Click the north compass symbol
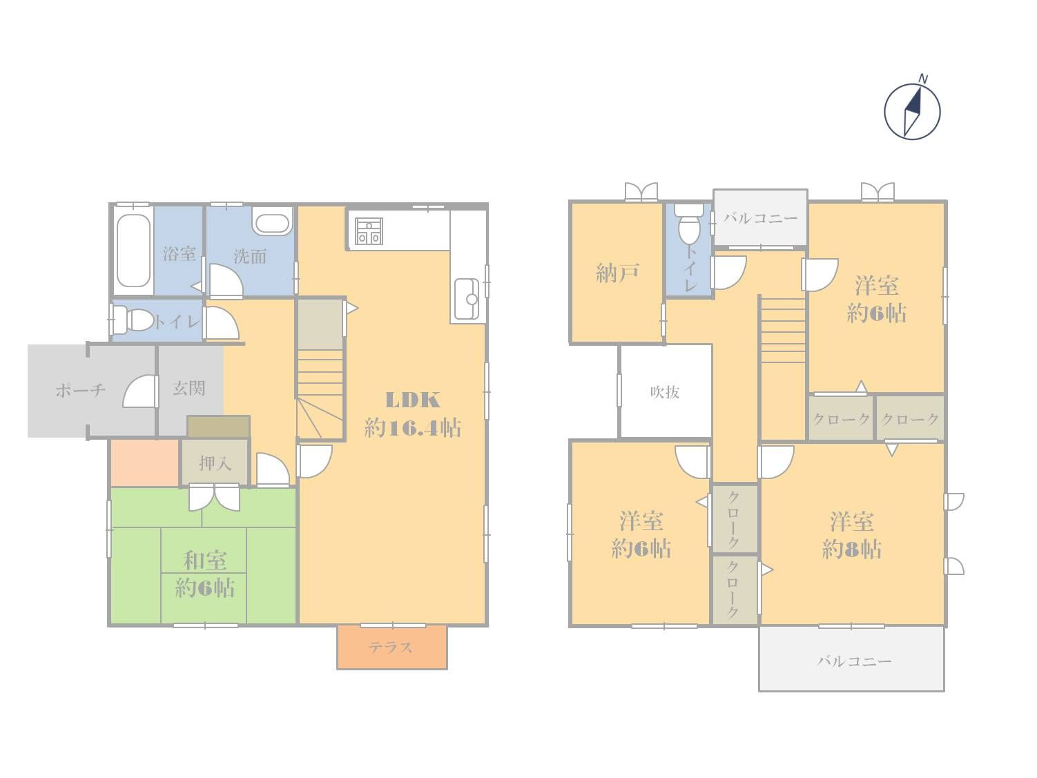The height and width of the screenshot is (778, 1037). click(x=912, y=111)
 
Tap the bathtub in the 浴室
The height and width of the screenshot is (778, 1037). click(x=134, y=251)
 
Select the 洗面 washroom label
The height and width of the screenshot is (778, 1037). click(x=250, y=257)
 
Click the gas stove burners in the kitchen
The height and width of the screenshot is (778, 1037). click(x=369, y=231)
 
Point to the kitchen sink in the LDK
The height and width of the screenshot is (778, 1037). click(x=467, y=299)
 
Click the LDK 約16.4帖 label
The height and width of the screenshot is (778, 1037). click(x=412, y=414)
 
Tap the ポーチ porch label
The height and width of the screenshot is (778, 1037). click(x=80, y=390)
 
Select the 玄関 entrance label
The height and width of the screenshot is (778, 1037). click(x=189, y=388)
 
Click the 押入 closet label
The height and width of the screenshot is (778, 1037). click(x=215, y=463)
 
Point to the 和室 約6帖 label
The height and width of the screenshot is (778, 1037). click(x=204, y=574)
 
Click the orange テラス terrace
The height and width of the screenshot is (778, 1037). click(x=391, y=647)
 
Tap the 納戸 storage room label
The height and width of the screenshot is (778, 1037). click(x=618, y=273)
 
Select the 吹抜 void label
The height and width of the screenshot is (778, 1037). click(x=665, y=392)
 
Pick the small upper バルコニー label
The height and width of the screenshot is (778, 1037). click(x=760, y=218)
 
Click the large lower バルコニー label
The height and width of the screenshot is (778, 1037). click(x=854, y=661)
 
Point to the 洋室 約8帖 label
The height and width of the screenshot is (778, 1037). click(x=852, y=535)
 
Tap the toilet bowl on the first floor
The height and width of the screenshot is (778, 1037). click(x=135, y=320)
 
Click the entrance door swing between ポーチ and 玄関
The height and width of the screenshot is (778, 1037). click(x=139, y=391)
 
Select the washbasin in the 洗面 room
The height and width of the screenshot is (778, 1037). click(x=271, y=221)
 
